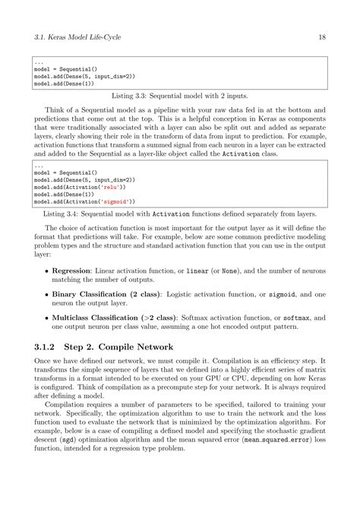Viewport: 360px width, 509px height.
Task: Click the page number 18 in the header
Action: coord(322,36)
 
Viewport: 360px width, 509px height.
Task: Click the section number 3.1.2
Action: coord(48,347)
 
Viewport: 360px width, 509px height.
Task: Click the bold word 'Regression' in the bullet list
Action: coord(71,272)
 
